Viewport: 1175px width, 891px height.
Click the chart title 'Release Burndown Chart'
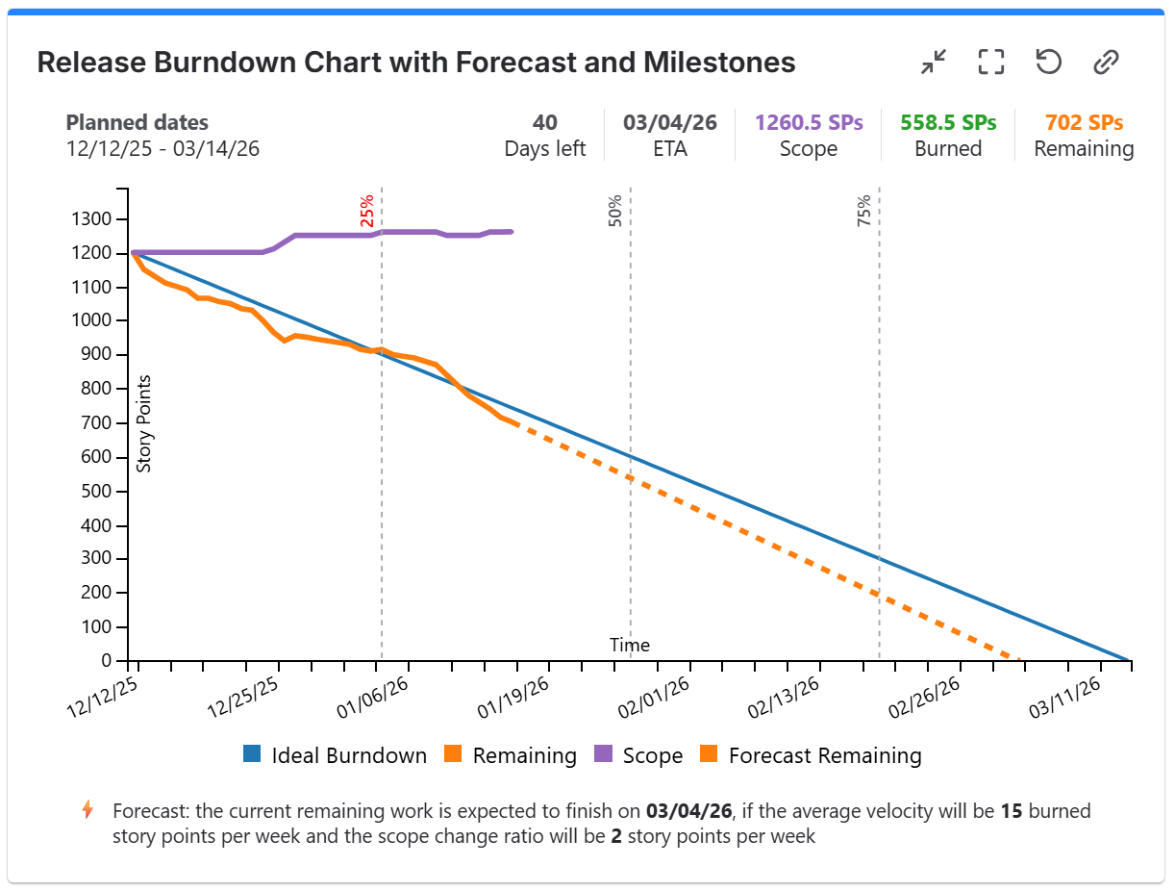(415, 64)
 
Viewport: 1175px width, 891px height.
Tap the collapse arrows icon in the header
(933, 63)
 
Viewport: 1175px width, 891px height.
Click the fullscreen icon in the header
(990, 63)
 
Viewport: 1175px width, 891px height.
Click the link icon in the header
(1106, 63)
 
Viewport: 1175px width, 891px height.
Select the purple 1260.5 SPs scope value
(809, 123)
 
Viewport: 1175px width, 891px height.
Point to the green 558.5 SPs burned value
(948, 123)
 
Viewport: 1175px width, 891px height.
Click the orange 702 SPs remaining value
(1084, 123)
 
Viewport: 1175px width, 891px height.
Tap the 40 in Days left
(545, 123)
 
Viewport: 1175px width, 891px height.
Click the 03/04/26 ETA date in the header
(669, 123)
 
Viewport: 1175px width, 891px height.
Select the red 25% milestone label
(367, 211)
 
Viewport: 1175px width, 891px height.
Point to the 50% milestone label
(615, 211)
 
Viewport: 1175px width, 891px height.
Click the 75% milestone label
(863, 211)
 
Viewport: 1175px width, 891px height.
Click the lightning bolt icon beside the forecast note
(87, 810)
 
